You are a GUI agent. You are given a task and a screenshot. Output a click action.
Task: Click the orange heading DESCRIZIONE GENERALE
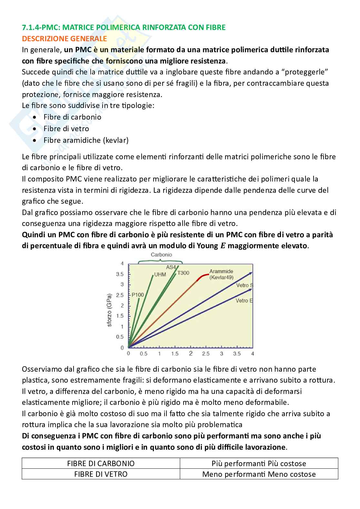click(x=64, y=39)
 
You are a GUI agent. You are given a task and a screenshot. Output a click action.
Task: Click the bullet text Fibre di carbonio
click(x=72, y=117)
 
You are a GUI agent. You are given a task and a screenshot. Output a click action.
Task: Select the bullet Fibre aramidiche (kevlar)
click(x=86, y=140)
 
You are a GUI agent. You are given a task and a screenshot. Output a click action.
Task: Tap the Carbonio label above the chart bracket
click(x=161, y=255)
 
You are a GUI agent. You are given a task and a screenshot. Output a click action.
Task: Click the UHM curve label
click(x=160, y=275)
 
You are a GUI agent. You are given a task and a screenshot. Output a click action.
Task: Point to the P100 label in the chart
click(x=138, y=295)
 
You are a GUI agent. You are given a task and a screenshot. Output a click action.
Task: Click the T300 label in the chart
click(x=183, y=273)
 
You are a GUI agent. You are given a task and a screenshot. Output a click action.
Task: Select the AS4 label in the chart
click(x=171, y=267)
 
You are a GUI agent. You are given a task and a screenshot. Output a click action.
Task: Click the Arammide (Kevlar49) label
click(x=221, y=274)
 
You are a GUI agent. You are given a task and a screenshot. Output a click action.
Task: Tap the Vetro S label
click(x=245, y=285)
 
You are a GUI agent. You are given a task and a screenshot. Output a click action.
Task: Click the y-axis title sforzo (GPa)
click(x=110, y=310)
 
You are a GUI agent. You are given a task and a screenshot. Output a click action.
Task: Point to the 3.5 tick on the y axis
click(x=120, y=274)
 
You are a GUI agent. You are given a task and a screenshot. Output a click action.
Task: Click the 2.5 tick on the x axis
click(x=206, y=354)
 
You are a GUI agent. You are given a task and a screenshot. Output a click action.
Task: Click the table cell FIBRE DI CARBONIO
click(x=101, y=464)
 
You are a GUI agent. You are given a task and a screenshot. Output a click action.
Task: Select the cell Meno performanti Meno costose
click(x=259, y=474)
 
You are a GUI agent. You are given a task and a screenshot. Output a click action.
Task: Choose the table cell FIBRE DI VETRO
click(x=101, y=474)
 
